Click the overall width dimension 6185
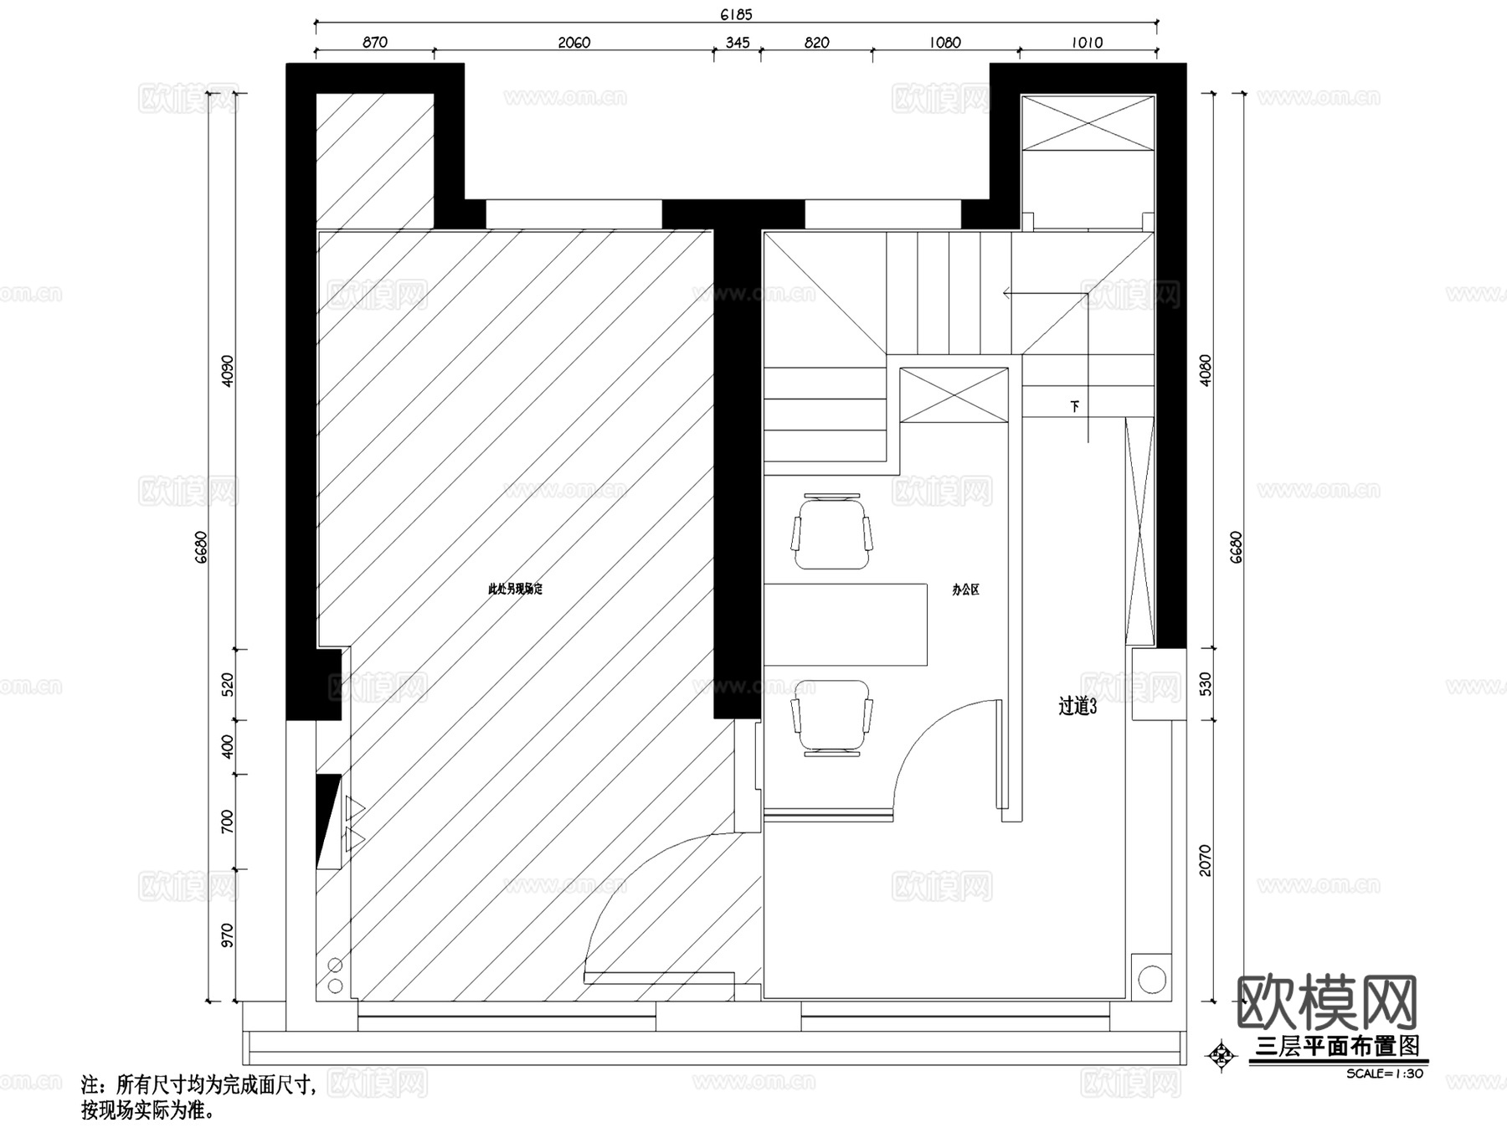coord(736,14)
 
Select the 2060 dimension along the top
coord(574,43)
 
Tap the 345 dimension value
coord(738,43)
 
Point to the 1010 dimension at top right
coord(1087,43)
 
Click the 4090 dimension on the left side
coord(228,371)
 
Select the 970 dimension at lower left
coord(228,935)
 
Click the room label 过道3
coord(1078,707)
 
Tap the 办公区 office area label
coord(965,590)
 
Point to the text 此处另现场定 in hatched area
coord(515,590)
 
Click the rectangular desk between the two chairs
coord(846,624)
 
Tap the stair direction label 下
coord(1075,406)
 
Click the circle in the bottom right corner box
coord(1152,978)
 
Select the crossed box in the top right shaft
coord(1088,123)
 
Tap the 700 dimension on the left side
coord(228,822)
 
